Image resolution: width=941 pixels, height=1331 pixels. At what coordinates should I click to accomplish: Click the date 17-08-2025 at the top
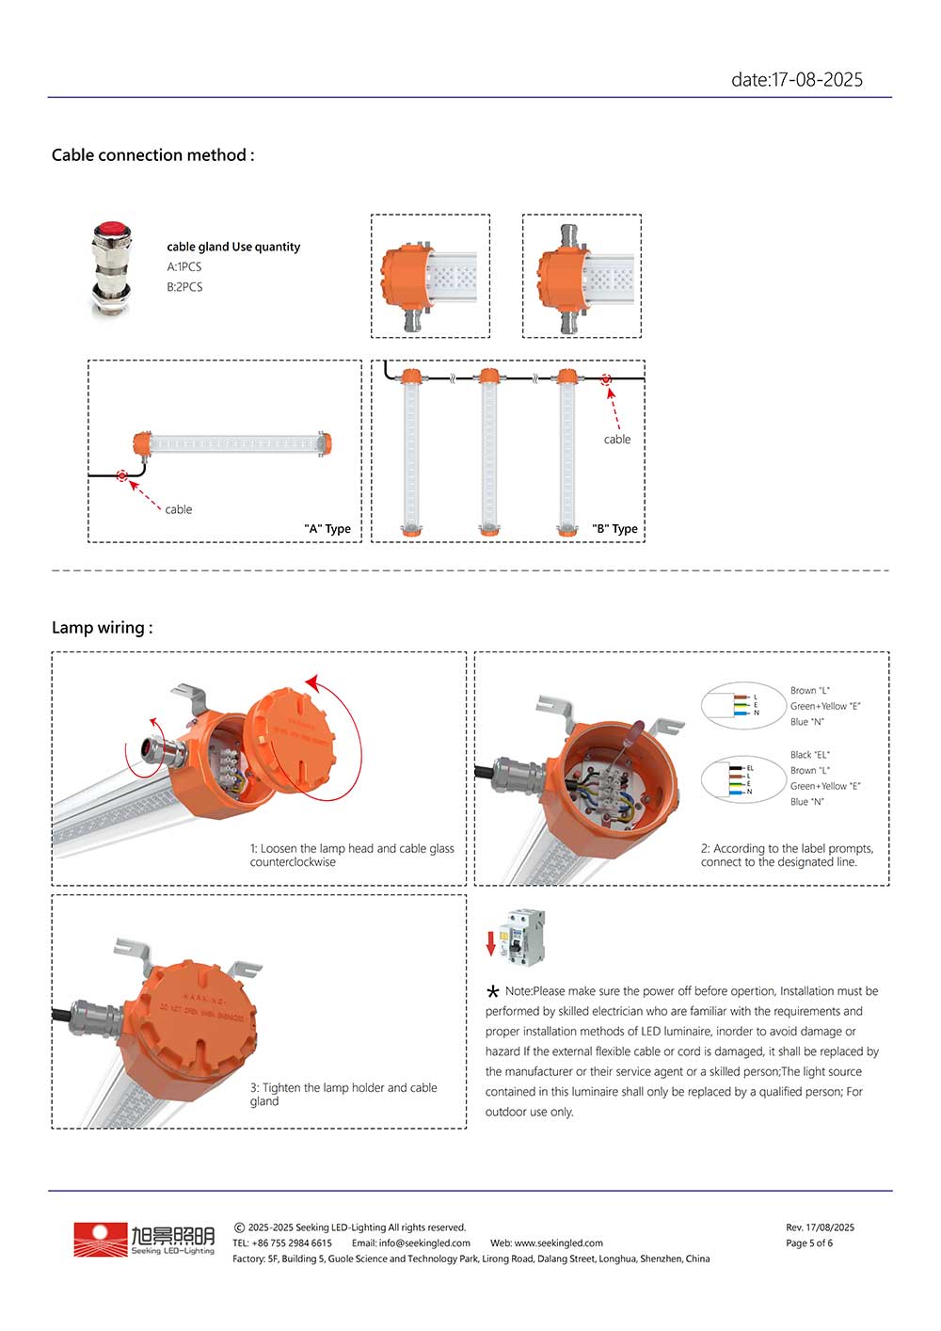(796, 80)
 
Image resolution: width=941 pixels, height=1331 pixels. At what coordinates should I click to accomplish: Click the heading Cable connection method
(152, 155)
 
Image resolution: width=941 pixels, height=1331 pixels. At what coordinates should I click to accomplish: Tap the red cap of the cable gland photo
(112, 229)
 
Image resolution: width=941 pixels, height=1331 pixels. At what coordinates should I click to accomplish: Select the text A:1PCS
(184, 267)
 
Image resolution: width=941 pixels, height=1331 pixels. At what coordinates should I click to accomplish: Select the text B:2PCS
(184, 287)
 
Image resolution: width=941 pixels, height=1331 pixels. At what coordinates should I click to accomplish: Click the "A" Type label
(327, 529)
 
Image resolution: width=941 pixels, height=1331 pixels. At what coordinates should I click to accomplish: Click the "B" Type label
(614, 529)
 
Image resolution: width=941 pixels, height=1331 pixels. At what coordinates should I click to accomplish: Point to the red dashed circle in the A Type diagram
(121, 475)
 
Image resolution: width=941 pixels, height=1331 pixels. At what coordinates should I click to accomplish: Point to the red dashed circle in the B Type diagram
(606, 379)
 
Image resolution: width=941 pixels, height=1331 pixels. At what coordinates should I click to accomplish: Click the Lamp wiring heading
(102, 628)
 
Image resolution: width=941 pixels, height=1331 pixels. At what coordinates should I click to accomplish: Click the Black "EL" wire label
(809, 755)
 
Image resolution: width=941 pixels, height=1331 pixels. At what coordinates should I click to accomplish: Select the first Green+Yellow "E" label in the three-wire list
(825, 706)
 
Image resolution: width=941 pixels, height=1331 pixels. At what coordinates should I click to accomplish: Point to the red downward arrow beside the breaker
(490, 943)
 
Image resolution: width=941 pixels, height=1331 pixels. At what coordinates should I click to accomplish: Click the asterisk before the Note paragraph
(493, 992)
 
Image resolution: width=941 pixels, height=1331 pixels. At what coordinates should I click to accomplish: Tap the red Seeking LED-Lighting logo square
(101, 1240)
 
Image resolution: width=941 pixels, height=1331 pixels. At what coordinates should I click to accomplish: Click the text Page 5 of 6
(809, 1243)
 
